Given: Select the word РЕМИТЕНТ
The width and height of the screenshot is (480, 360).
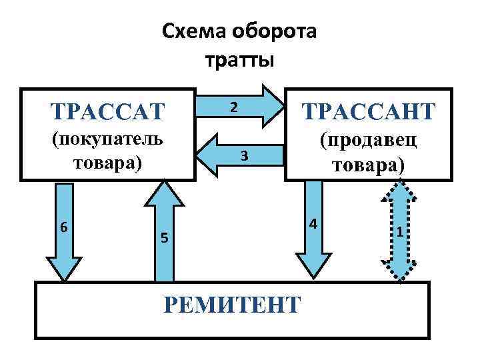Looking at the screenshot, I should [x=231, y=304].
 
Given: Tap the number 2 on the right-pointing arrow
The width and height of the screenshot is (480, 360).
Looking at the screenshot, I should [x=233, y=107].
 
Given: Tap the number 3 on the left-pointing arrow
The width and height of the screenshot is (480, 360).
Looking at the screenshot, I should [x=245, y=155].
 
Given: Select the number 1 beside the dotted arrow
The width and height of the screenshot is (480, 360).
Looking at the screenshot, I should [x=399, y=232].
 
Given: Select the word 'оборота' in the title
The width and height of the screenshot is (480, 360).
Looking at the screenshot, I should [x=273, y=31].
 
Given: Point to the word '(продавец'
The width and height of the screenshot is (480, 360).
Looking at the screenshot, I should [x=369, y=141].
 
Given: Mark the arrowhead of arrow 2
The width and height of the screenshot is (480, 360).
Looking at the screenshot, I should [x=271, y=105].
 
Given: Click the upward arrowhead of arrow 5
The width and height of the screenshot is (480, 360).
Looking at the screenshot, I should [x=163, y=193].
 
